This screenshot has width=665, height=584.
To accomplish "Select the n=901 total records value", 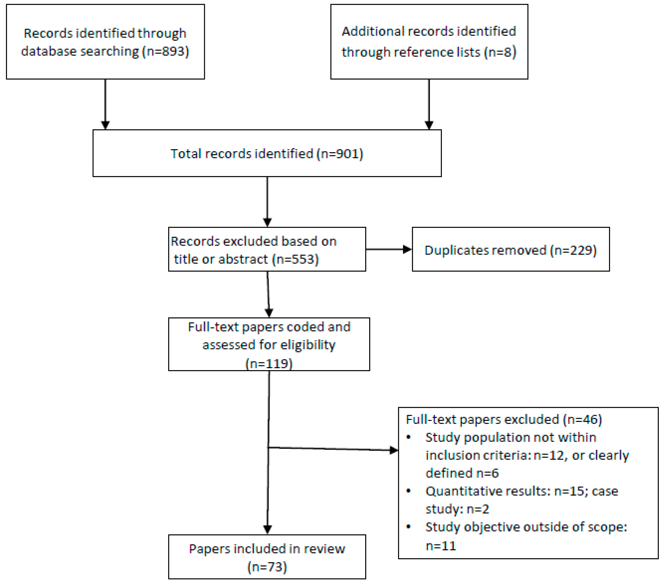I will click(340, 154).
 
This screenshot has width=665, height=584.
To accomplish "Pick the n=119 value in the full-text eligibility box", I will click(269, 363).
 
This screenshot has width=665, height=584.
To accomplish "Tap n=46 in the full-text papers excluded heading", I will click(582, 419).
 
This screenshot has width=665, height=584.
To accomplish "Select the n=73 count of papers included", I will click(267, 567).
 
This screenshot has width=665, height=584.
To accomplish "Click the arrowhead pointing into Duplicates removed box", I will click(407, 249).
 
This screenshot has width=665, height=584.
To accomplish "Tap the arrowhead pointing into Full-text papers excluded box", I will click(394, 450).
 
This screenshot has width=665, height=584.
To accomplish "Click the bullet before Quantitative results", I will click(409, 491).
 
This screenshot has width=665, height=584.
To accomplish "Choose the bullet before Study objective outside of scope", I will click(409, 527).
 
